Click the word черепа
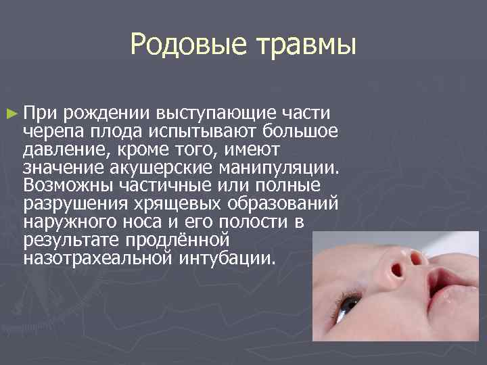coord(53,130)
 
